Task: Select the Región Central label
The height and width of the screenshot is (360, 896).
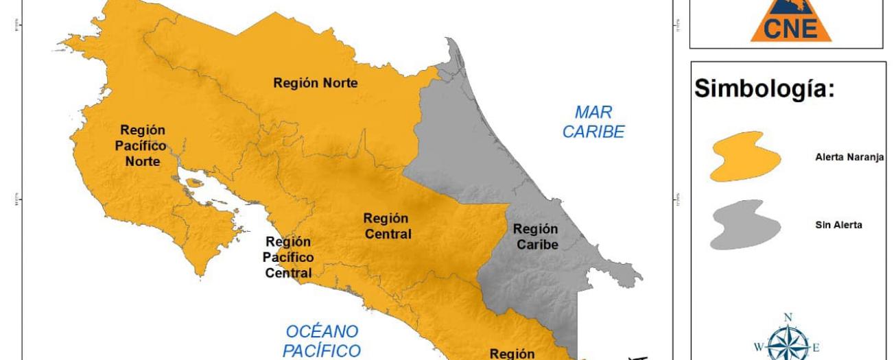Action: pos(387,226)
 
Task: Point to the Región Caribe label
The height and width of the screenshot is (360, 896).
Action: pos(535,237)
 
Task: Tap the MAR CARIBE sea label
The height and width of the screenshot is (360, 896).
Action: pos(593,122)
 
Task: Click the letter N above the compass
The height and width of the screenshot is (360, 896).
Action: pos(788,317)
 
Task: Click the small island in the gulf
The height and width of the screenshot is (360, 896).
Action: pos(196,184)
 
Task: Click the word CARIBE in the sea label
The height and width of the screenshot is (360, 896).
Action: pos(593,132)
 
